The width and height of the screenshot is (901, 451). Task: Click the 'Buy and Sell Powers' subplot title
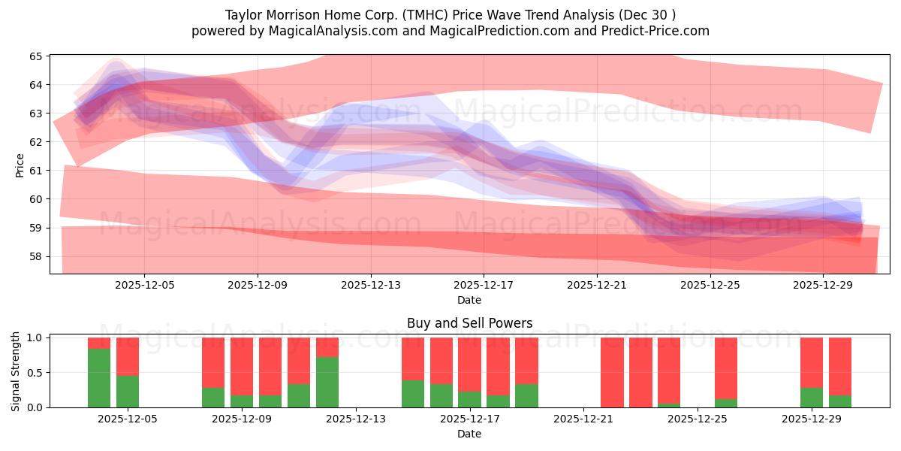tap(469, 323)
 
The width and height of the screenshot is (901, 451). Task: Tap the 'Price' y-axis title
tap(20, 165)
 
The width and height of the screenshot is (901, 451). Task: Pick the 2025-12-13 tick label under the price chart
tap(371, 285)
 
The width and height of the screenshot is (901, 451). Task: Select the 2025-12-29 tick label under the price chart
tap(824, 285)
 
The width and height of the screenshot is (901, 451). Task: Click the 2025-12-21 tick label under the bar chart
tap(583, 419)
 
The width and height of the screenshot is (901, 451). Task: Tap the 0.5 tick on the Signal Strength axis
tap(35, 373)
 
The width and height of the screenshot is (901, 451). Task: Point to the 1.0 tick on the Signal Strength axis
tap(35, 337)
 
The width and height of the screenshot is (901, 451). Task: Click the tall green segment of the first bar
tap(99, 378)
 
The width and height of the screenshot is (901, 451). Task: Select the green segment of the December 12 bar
tap(327, 382)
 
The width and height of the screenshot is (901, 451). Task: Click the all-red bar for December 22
tap(640, 372)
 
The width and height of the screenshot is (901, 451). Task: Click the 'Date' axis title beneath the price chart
tap(469, 300)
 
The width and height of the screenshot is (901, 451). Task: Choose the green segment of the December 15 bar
tap(413, 394)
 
